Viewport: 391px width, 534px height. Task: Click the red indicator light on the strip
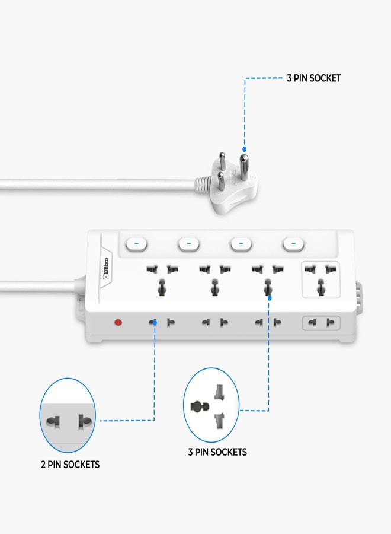pos(118,322)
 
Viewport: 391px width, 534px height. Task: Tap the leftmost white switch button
pos(136,244)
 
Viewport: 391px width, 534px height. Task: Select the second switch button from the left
pos(189,244)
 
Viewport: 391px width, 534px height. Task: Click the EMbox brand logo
pos(105,268)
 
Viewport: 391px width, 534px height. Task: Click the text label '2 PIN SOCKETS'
pos(70,465)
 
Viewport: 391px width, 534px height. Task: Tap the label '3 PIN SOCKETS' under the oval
pos(217,452)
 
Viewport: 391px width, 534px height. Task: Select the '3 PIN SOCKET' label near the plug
pos(314,78)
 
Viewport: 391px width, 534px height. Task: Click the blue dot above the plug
pos(244,149)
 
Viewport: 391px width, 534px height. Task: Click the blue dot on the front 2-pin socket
pos(155,322)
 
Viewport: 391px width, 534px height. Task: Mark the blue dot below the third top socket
pos(270,298)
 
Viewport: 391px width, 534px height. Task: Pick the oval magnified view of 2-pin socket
pos(68,415)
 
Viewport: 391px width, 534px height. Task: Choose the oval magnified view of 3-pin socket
pos(211,405)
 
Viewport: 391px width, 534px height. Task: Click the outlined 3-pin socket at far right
pos(321,279)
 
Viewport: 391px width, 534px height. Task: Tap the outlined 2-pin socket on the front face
pos(321,323)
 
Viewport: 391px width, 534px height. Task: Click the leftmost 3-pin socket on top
pos(162,280)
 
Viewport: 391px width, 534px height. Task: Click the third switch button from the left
pos(241,244)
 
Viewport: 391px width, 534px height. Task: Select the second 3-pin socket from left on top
pos(215,280)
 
